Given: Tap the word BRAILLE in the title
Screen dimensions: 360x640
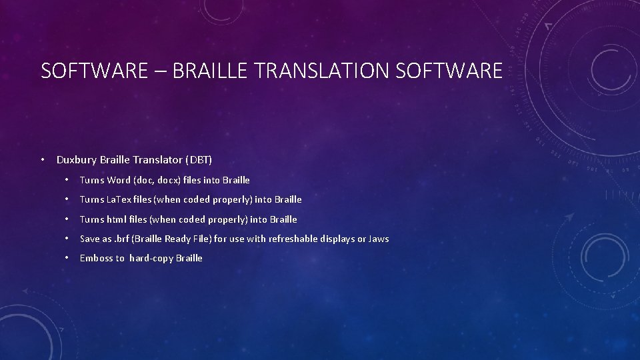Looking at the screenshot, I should [x=213, y=71].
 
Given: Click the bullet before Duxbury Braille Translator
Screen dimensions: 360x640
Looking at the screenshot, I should [x=42, y=160].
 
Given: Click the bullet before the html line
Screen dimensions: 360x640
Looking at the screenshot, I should [x=67, y=219].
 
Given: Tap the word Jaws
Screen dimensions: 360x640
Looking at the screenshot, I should [x=378, y=239].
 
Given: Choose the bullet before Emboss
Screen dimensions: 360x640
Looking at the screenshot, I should [x=67, y=259].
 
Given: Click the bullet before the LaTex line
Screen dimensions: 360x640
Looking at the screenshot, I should [x=67, y=199].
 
